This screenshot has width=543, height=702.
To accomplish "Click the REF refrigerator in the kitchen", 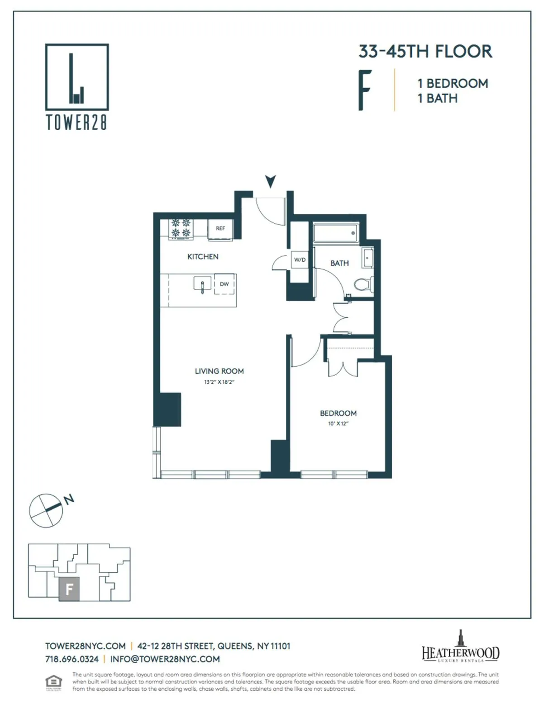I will [220, 229].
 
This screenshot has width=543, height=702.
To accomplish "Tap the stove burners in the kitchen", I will [181, 228].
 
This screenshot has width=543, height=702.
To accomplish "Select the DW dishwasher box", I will [224, 284].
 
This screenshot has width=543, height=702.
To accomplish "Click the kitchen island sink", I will [202, 285].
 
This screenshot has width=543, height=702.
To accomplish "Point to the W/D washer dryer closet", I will [300, 260].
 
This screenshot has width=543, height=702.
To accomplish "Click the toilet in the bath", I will [363, 284].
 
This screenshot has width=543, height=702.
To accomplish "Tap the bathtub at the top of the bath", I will [335, 233].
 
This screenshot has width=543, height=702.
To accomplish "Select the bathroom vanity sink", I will [367, 259].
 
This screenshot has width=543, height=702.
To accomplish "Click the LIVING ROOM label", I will [219, 371].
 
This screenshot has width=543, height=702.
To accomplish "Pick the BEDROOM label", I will [338, 413].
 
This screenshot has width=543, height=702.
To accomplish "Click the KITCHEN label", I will [203, 257].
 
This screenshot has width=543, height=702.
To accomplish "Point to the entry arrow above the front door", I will [271, 181].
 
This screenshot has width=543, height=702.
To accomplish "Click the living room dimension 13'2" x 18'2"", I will [219, 382].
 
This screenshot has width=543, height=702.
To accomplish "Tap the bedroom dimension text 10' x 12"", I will [338, 424].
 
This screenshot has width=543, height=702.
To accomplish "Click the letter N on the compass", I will [69, 499].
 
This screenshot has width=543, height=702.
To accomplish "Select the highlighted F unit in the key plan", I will [69, 589].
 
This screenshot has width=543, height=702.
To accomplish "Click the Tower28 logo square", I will [77, 77].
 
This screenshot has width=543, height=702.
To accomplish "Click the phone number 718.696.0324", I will [72, 659].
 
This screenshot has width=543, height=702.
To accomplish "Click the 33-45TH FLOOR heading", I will [425, 52].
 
